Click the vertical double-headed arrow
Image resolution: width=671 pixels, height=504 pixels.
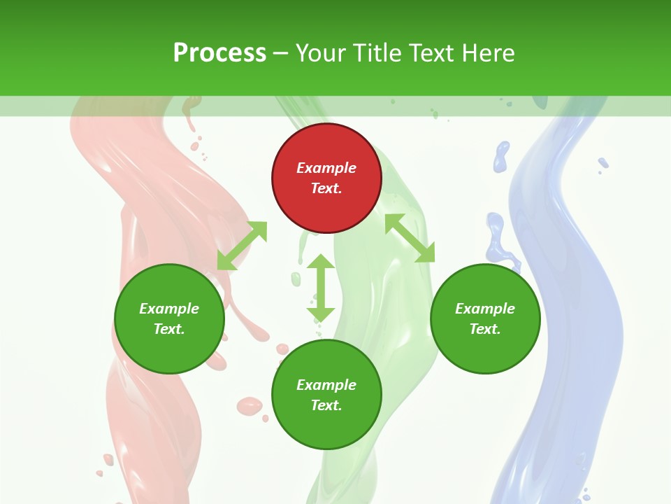coord(321,288)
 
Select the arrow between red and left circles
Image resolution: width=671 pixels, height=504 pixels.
coord(242,246)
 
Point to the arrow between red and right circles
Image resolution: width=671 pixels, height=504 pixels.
coord(410,238)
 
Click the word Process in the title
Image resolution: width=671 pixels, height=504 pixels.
coord(219,52)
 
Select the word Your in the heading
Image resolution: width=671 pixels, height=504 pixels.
coord(322,52)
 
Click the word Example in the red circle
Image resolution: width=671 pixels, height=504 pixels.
coord(326,168)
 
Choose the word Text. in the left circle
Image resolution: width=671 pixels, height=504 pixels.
coord(169,329)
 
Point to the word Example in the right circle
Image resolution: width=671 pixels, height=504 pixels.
coord(485,309)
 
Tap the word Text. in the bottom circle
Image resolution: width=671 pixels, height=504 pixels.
coord(326,405)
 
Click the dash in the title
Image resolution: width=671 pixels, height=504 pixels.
coord(281,53)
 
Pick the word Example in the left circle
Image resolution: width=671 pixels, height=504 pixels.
coord(169,309)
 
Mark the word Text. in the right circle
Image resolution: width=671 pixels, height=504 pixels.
coord(485,329)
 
